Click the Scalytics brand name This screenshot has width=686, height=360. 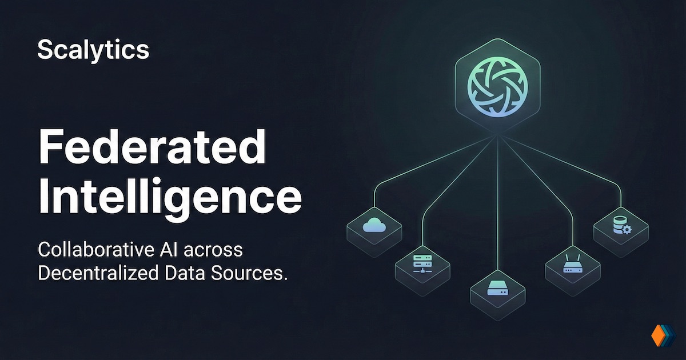[93, 50]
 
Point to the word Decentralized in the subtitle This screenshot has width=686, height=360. [96, 273]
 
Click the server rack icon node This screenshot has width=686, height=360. [423, 264]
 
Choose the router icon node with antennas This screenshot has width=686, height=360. [572, 265]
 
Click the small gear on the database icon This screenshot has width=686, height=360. [626, 230]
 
